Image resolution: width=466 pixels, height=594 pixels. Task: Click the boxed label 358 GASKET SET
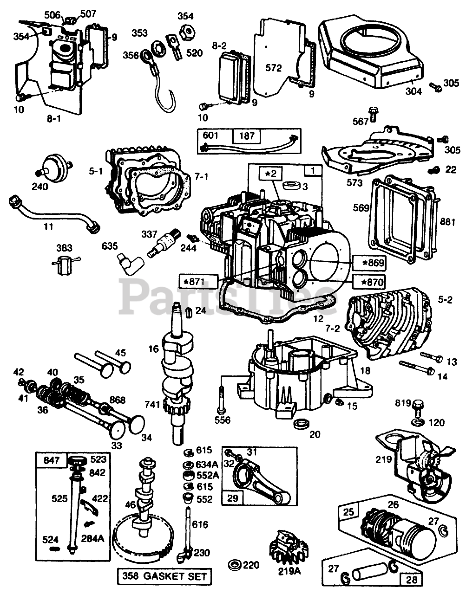click(x=165, y=577)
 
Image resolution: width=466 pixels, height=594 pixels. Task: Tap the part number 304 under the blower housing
click(x=413, y=91)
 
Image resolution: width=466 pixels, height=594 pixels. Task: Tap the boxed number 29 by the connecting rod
click(x=233, y=498)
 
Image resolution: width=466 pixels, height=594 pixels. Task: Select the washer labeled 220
click(x=236, y=565)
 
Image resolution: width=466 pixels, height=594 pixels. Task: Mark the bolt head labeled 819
click(x=418, y=407)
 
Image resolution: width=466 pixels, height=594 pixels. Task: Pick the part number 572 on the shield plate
click(x=274, y=68)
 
